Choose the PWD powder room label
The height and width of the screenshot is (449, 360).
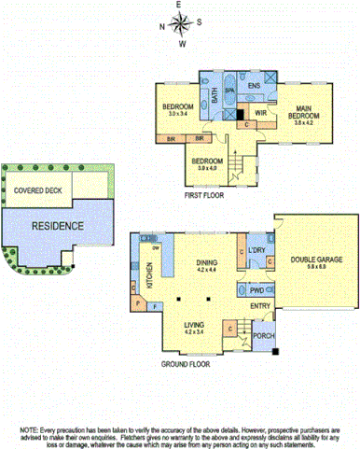(256, 290)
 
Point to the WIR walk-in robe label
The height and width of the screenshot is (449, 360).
(261, 112)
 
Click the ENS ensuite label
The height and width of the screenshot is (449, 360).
(253, 84)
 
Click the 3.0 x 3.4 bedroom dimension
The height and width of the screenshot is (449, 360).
(177, 114)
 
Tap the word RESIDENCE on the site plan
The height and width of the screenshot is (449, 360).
(58, 226)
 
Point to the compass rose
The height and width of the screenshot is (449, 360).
(180, 24)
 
